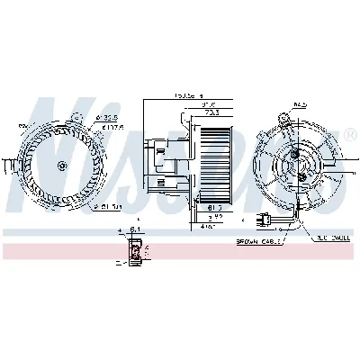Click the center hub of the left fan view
point(61,166)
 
